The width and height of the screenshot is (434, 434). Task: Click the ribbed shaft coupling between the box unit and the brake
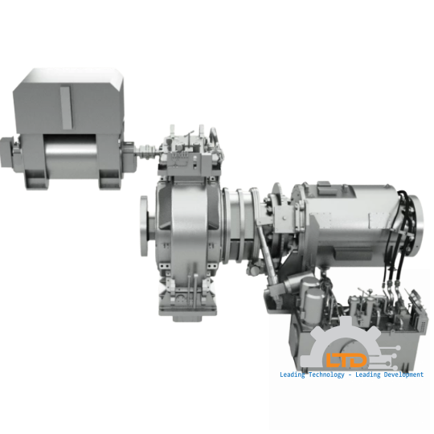(x=145, y=151)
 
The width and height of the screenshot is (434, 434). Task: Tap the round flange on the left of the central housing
(x=145, y=228)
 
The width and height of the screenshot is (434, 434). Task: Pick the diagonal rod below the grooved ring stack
(x=271, y=270)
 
